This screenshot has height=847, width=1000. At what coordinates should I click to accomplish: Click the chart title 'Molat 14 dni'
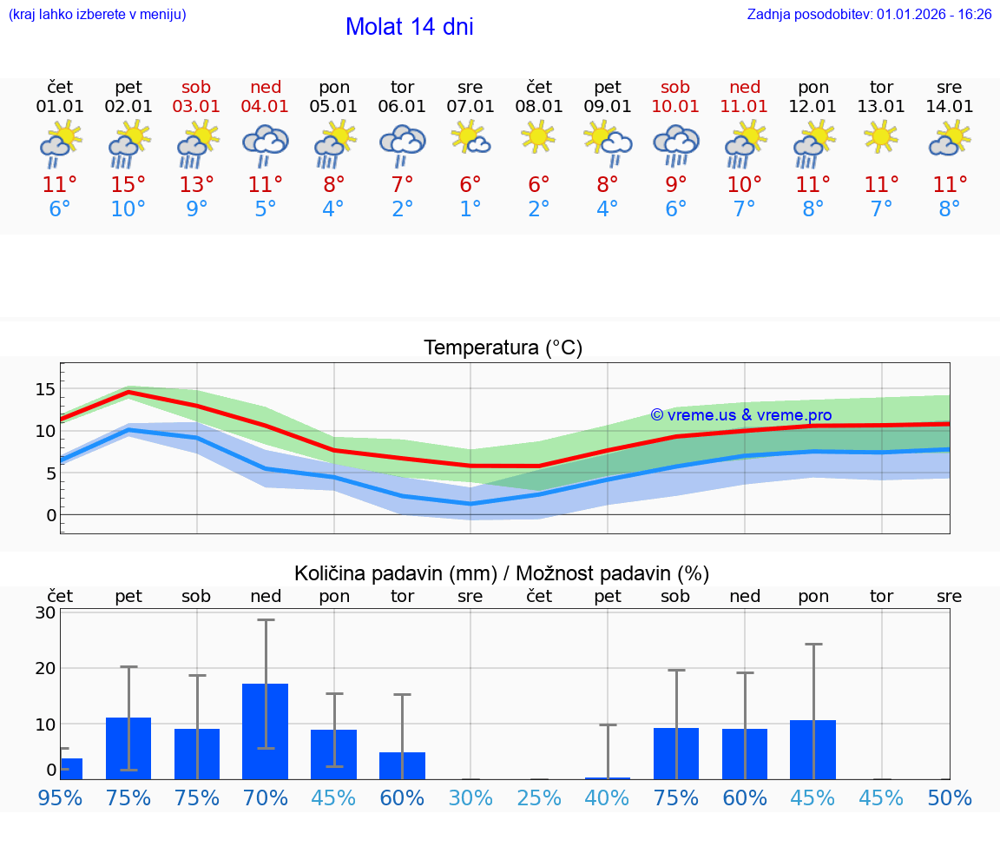point(409,27)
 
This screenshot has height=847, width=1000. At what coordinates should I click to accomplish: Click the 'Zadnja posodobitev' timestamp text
point(869,14)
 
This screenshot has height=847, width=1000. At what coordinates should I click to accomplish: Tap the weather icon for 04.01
point(266,144)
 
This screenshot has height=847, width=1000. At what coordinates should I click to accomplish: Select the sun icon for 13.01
point(882,136)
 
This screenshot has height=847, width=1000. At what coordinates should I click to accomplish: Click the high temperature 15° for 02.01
point(128,184)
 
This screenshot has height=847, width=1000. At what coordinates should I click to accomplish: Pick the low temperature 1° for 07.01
point(470,209)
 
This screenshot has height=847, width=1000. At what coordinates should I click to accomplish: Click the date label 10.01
point(675,107)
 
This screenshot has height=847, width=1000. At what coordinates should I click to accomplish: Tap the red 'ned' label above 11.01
point(745,87)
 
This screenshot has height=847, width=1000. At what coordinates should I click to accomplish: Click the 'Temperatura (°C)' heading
point(503,348)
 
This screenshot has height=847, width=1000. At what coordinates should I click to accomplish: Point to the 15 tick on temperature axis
point(45,388)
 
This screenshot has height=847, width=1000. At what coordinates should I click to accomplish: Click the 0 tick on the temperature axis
point(51,515)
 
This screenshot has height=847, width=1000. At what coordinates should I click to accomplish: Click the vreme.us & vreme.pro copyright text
point(741,415)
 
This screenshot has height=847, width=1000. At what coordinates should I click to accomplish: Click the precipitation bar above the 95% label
point(70,769)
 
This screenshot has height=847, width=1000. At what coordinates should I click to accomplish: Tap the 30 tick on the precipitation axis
point(45,612)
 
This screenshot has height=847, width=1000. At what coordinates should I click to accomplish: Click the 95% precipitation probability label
point(60,797)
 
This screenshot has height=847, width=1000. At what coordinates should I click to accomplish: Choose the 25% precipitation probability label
point(539,797)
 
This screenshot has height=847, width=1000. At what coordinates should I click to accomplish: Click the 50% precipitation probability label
point(950,797)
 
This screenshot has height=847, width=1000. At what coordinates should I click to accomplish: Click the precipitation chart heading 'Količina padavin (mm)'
point(395,573)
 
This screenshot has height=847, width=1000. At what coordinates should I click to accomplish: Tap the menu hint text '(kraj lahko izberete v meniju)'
point(97,14)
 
